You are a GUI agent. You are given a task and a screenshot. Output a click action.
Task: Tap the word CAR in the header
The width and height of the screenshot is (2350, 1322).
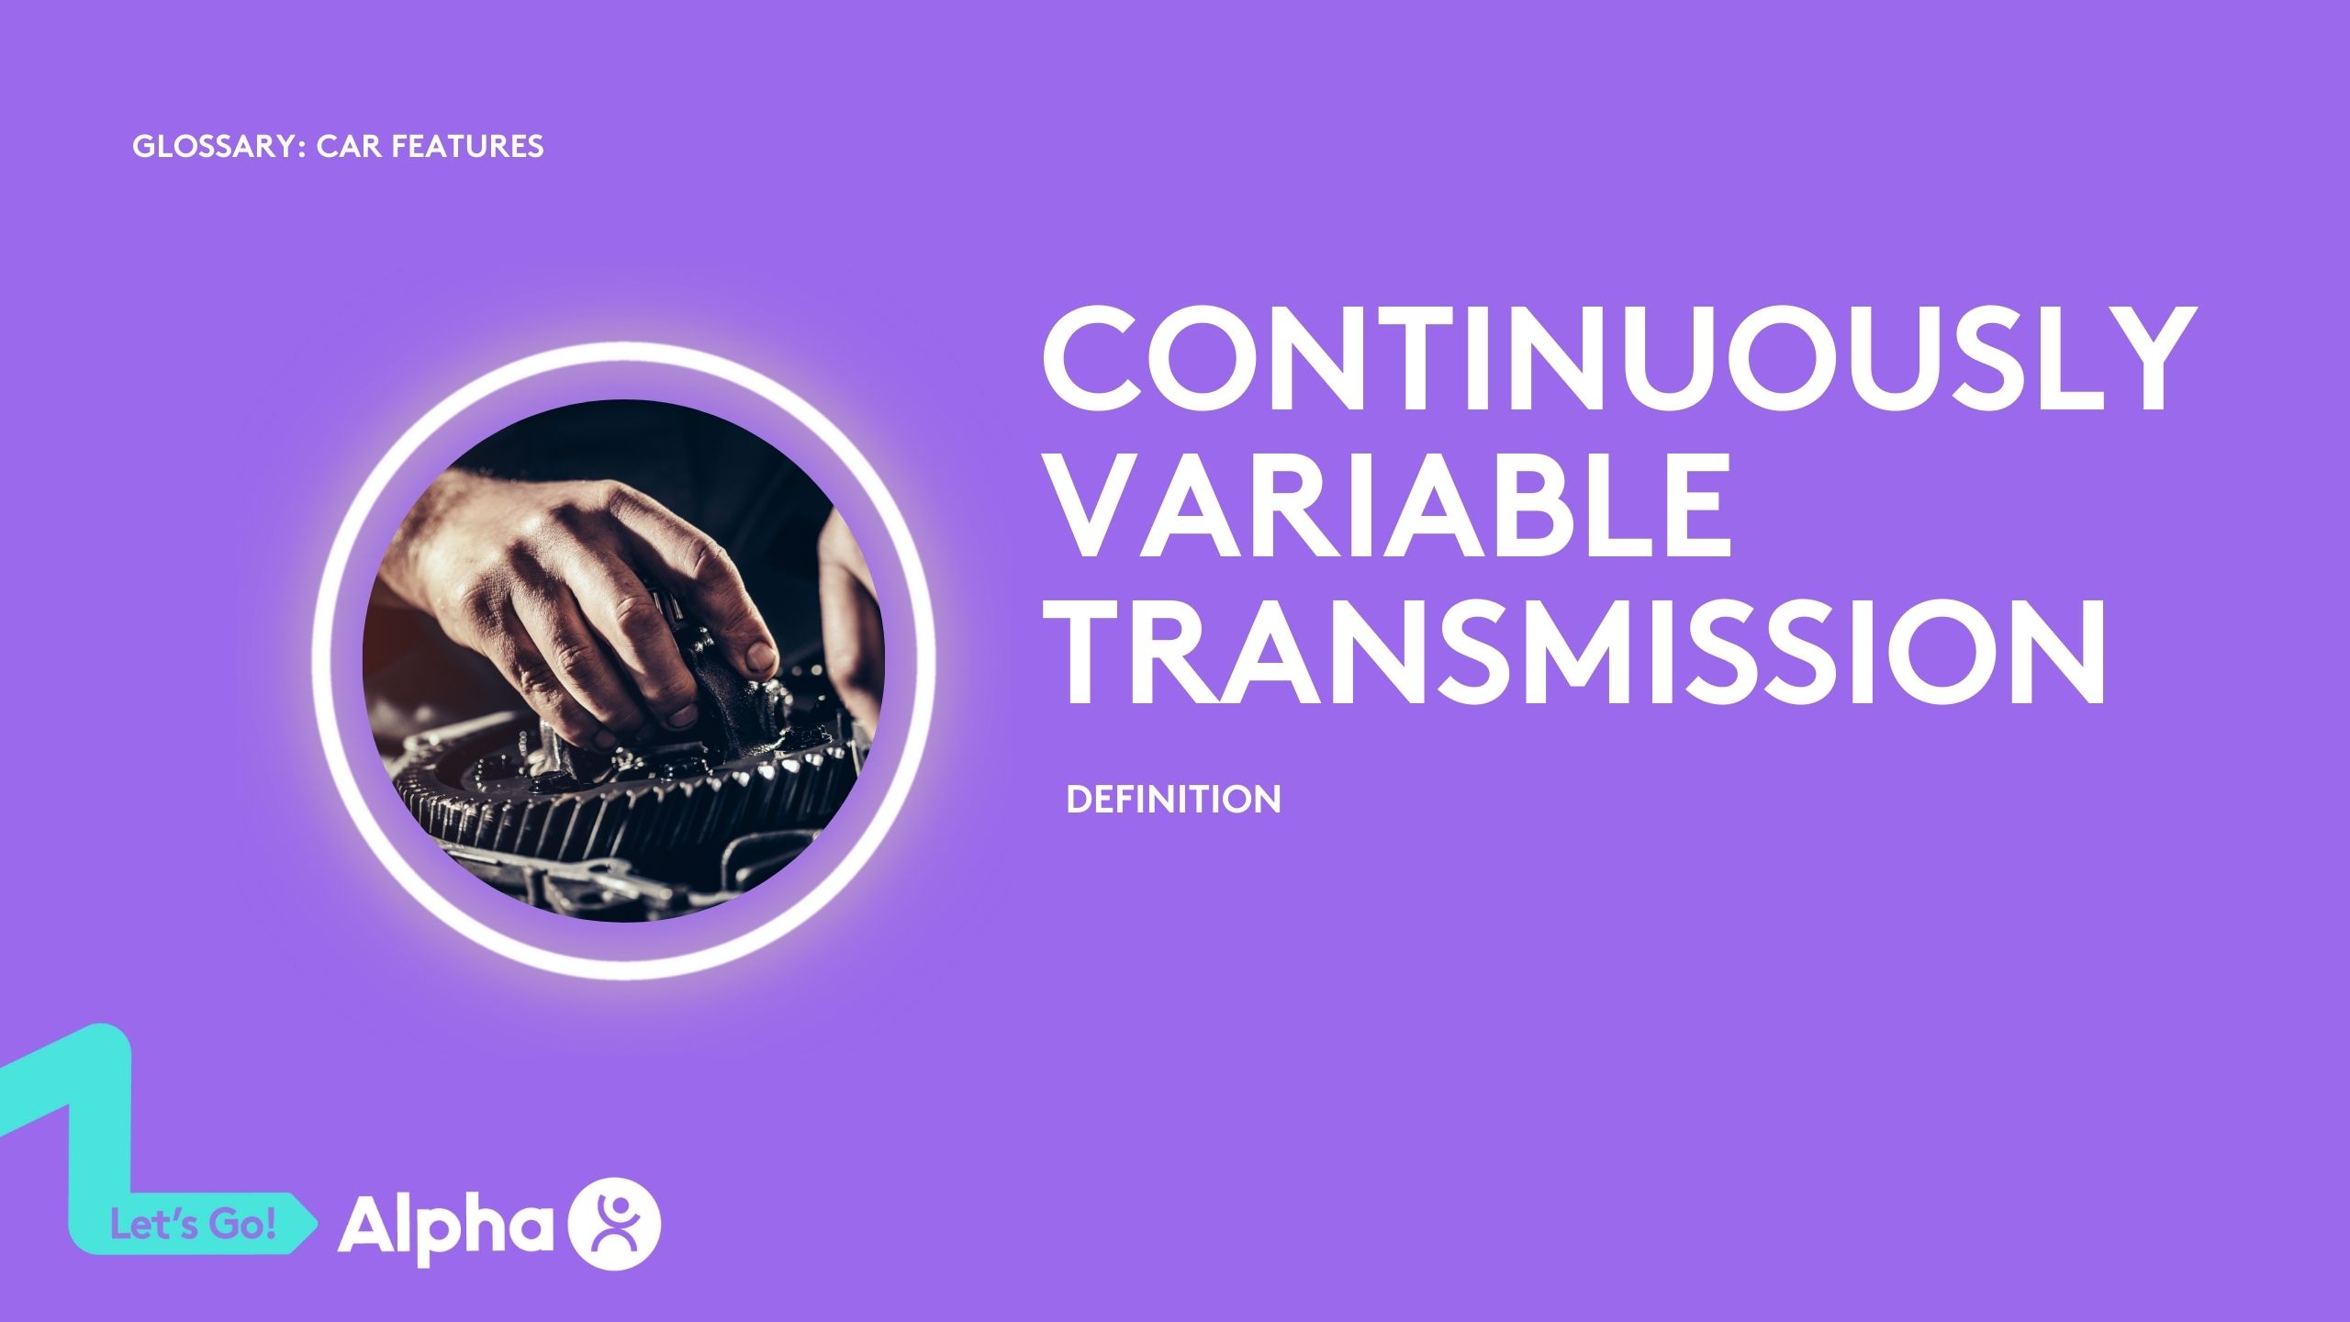point(341,147)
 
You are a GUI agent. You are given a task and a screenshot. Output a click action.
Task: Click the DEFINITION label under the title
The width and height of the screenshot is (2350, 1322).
point(1173,800)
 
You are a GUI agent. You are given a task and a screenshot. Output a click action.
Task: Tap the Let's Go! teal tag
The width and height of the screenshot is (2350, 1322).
point(193,1226)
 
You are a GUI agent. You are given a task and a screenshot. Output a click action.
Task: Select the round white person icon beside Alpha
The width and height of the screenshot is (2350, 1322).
point(615,1223)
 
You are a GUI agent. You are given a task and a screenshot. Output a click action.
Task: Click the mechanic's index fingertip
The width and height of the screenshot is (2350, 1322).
point(757,655)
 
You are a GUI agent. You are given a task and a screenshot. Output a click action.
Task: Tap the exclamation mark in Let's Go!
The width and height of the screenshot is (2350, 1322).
point(269,1226)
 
